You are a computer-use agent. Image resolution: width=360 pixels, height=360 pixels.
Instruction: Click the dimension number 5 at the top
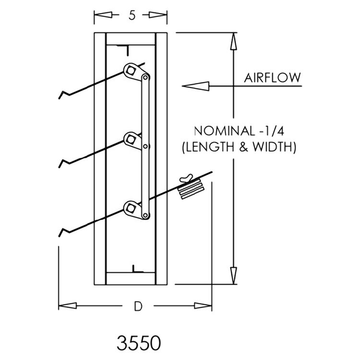(132, 15)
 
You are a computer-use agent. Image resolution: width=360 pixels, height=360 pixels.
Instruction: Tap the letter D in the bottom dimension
(138, 306)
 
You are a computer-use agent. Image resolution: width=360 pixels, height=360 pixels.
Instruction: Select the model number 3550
(139, 343)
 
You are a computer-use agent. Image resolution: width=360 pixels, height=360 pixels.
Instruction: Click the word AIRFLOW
(272, 78)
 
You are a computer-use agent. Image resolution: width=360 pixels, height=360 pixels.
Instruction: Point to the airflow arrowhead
(195, 86)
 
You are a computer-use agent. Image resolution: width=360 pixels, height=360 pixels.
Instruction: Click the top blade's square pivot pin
(130, 70)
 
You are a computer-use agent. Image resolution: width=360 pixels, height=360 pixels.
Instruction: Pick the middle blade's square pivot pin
(130, 139)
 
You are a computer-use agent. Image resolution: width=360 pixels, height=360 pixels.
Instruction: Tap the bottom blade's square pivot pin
(130, 208)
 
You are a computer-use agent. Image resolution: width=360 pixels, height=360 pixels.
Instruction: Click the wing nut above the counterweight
(186, 179)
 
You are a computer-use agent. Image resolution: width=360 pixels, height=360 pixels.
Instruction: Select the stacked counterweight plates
(191, 190)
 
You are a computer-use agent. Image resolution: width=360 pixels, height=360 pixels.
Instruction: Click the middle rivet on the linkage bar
(145, 146)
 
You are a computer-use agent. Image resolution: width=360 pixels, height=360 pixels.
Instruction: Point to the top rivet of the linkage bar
(145, 77)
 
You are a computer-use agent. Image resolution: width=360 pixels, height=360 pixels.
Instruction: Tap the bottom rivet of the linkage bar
(145, 216)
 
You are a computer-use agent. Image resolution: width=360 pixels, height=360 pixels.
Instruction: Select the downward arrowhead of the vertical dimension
(233, 276)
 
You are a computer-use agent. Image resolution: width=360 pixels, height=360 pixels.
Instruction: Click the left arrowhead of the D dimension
(68, 306)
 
